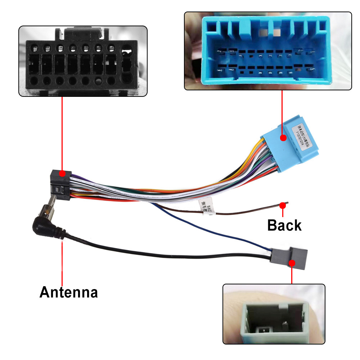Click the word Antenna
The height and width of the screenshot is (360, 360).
pyautogui.click(x=68, y=292)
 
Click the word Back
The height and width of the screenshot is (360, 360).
pyautogui.click(x=284, y=225)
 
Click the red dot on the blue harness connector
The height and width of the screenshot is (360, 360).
pyautogui.click(x=283, y=138)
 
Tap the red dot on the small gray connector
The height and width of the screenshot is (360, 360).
pyautogui.click(x=292, y=263)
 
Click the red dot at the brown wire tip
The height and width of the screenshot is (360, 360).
pyautogui.click(x=283, y=205)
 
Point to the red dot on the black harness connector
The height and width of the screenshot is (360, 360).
pyautogui.click(x=62, y=174)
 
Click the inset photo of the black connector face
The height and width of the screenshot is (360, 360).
pyautogui.click(x=83, y=61)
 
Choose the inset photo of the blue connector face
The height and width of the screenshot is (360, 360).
pyautogui.click(x=267, y=51)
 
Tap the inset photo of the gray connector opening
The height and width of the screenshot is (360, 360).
pyautogui.click(x=274, y=314)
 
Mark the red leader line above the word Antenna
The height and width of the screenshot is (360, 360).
pyautogui.click(x=62, y=263)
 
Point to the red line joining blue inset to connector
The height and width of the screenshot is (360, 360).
pyautogui.click(x=282, y=112)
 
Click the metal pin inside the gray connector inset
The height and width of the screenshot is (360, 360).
pyautogui.click(x=262, y=330)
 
